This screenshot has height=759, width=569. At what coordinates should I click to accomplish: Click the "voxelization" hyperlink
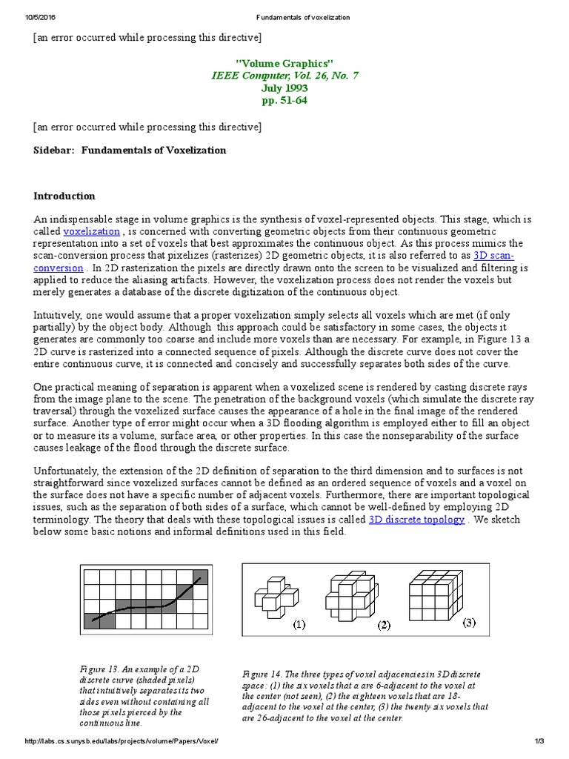(x=91, y=231)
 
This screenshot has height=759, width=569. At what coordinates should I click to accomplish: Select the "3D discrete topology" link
(x=416, y=520)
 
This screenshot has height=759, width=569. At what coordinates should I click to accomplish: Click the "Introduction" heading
(x=64, y=196)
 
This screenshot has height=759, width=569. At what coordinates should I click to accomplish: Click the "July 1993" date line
(x=284, y=87)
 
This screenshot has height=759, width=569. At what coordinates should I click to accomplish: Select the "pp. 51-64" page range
(x=284, y=100)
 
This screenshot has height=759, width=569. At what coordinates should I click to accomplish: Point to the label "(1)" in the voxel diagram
(x=298, y=625)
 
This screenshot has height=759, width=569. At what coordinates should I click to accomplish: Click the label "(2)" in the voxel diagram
(x=383, y=626)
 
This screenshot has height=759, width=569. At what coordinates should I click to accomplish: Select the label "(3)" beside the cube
(x=470, y=623)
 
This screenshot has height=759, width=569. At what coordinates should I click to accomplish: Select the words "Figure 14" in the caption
(x=261, y=674)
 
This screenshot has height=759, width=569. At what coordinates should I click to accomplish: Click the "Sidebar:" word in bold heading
(x=54, y=150)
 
